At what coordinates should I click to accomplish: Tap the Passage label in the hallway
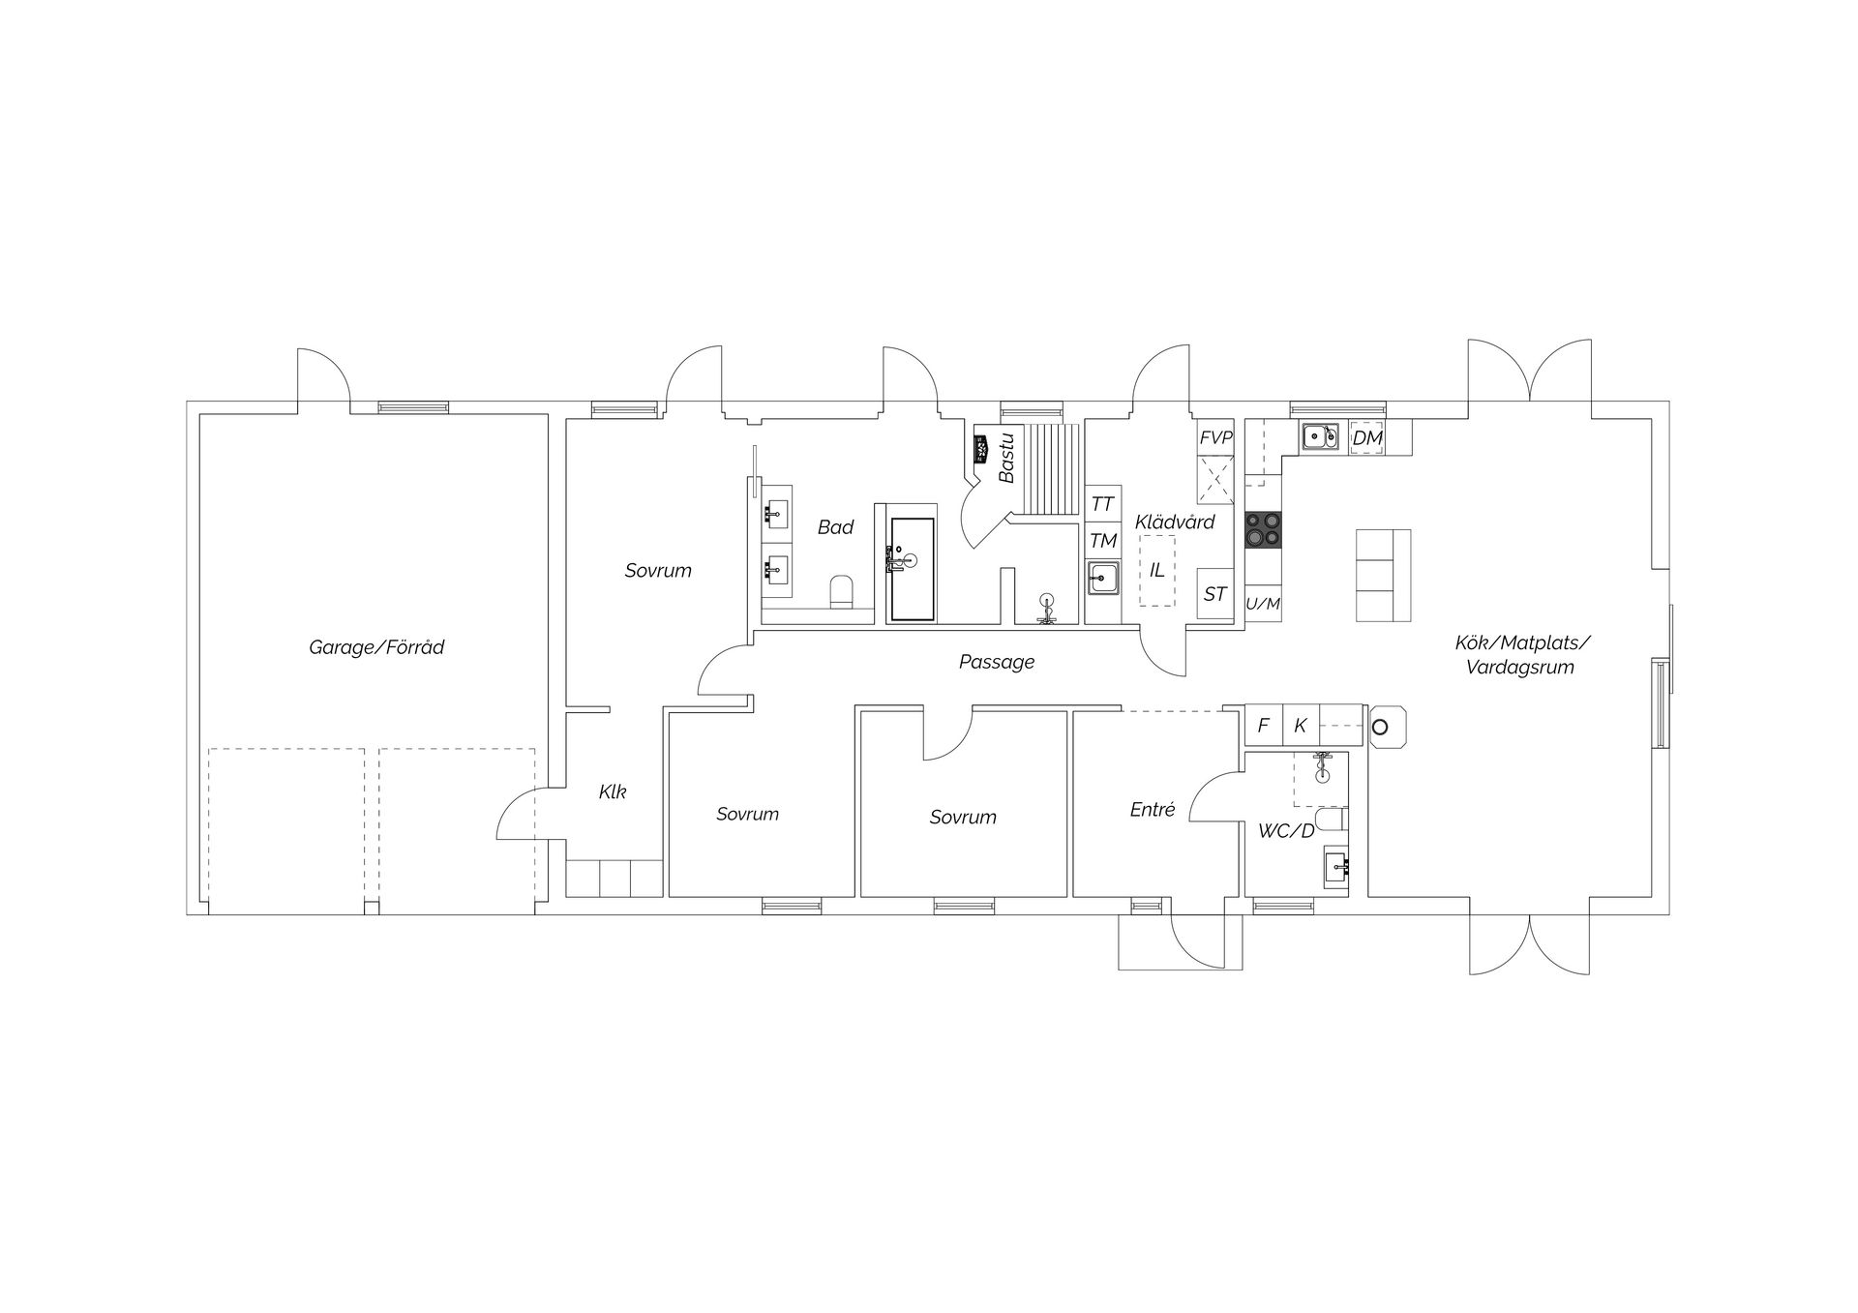tap(997, 663)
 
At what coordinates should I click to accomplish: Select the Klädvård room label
tap(1175, 522)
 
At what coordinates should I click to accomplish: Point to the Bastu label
tap(1006, 457)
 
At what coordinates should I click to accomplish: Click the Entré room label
tap(1153, 810)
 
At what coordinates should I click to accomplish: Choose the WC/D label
tap(1286, 830)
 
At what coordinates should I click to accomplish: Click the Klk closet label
tap(613, 791)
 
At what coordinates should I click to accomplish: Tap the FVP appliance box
tap(1216, 438)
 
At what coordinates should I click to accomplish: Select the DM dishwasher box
tap(1367, 438)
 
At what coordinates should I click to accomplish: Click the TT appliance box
tap(1103, 504)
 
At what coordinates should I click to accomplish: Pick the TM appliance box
tap(1103, 541)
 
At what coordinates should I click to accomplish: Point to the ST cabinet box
tap(1215, 595)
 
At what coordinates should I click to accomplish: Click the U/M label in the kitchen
tap(1263, 605)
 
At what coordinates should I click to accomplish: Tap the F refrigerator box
tap(1263, 726)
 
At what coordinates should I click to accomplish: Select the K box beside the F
tap(1301, 726)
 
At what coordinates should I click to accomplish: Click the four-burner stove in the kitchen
tap(1263, 530)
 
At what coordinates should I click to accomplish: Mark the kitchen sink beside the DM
tap(1319, 438)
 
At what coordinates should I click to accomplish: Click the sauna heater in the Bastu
tap(981, 449)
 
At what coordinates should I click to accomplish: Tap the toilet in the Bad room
tap(842, 592)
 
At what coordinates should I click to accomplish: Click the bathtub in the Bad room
tap(913, 569)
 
